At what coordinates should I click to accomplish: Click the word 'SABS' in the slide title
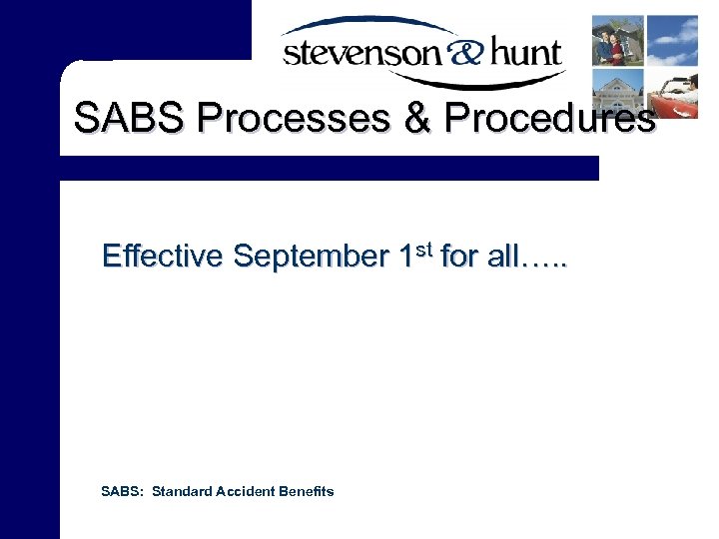tap(131, 119)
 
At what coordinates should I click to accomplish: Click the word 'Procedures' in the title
tap(549, 119)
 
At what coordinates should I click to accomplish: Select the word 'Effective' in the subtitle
tap(162, 257)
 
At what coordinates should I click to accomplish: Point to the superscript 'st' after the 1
tap(423, 248)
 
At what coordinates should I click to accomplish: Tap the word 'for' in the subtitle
tap(459, 257)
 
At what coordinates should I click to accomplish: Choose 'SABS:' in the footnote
tap(123, 491)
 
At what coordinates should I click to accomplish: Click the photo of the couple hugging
tap(617, 40)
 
